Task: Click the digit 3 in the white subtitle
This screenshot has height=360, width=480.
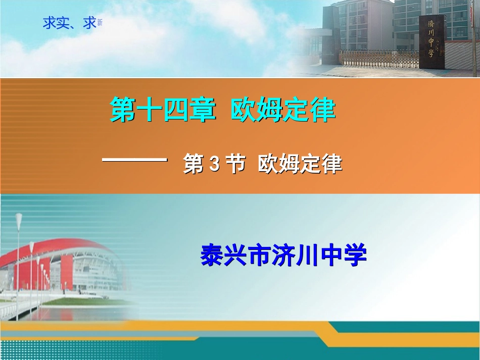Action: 213,165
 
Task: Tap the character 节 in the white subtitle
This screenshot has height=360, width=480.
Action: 235,165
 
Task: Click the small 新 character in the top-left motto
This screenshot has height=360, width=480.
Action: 100,23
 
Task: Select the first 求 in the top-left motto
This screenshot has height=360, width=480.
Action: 50,23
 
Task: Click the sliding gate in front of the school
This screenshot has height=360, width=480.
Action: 379,58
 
